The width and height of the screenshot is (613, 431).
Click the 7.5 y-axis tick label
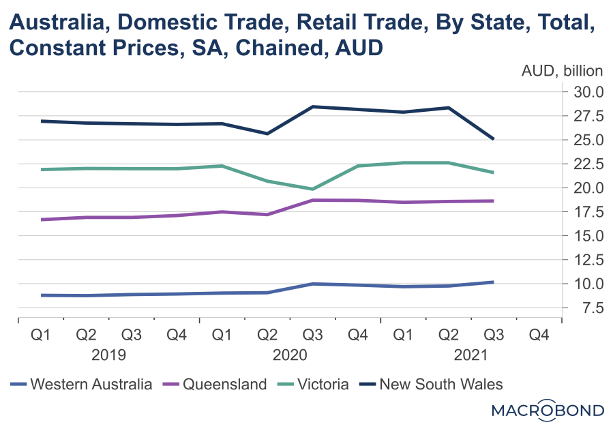pos(590,308)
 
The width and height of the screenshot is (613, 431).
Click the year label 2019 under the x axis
pos(108,355)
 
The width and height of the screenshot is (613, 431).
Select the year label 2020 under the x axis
pos(290,355)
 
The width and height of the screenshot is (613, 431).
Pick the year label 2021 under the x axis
pos(470,355)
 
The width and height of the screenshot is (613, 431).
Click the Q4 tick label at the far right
pos(539,335)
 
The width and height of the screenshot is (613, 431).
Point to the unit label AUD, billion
pos(563,71)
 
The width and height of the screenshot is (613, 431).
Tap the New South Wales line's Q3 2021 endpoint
pos(493,139)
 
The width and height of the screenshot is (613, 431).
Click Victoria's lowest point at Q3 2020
pos(312,189)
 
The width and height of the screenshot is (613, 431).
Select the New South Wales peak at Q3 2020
pos(312,106)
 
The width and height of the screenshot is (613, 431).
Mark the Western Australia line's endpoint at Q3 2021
pos(493,282)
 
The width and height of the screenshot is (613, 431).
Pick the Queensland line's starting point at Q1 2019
pos(42,220)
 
